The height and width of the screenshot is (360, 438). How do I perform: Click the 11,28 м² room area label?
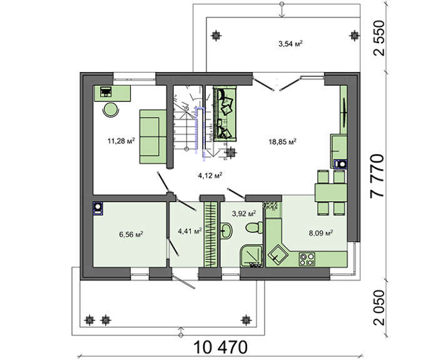coord(121,141)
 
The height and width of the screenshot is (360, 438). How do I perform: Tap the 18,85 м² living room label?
coord(282,141)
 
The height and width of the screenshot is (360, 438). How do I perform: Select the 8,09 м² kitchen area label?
coord(320,233)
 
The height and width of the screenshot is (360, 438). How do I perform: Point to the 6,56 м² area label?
coord(131,234)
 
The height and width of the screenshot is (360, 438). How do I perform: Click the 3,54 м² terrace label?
coord(291,44)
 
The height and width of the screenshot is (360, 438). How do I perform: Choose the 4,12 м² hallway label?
coord(210,175)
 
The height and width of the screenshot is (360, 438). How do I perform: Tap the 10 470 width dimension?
coord(221,347)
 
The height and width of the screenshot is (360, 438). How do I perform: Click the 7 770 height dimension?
coord(377,176)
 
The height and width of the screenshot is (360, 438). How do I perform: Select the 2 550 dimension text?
coord(379,38)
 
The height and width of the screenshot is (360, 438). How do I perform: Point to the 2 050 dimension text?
coord(379,308)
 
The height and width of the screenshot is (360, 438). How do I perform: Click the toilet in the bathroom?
coord(255,227)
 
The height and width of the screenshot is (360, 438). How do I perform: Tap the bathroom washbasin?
coord(226,230)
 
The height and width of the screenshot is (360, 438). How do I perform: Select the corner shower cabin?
coord(252,256)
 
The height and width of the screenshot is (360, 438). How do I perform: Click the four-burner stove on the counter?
coord(307,259)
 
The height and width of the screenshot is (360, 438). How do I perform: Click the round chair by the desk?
coord(111,110)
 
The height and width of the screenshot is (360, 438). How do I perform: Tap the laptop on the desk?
coord(106,91)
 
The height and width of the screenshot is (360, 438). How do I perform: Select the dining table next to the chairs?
coord(331,193)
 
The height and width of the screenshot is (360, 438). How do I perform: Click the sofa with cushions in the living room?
coord(225,113)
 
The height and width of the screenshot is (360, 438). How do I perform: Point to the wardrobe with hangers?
coord(211,234)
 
